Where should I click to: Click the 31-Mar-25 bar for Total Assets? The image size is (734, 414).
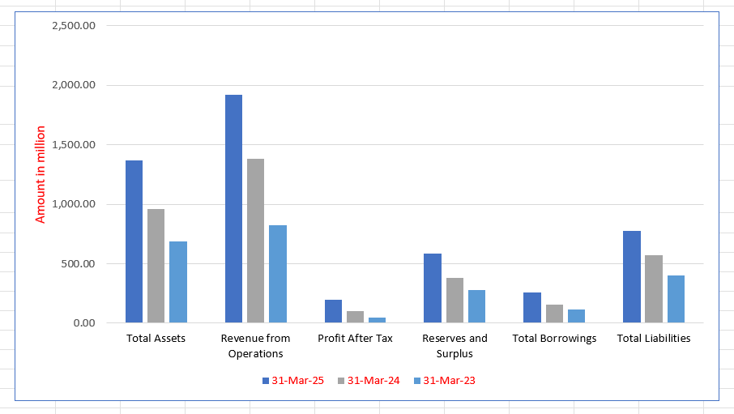tap(134, 241)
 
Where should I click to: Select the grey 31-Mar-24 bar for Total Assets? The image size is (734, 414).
tap(156, 266)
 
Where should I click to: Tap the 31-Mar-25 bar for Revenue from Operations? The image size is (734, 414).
tap(233, 209)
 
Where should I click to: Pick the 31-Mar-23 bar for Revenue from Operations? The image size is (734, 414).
tap(277, 274)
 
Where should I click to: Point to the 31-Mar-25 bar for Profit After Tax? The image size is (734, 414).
tap(333, 311)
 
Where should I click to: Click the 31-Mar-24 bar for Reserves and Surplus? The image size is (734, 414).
tap(454, 300)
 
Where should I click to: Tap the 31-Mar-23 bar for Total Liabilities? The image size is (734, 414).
tap(676, 299)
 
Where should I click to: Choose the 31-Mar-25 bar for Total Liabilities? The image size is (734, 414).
tap(632, 277)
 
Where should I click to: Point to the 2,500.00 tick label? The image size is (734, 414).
tap(74, 25)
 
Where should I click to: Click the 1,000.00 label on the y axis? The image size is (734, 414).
tap(74, 204)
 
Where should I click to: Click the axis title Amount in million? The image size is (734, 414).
tap(41, 174)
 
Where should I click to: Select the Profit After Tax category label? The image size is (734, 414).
tap(355, 338)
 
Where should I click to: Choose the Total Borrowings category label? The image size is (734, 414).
tap(554, 338)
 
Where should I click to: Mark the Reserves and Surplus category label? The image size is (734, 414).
tap(454, 345)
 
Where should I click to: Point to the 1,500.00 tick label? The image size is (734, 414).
tap(74, 144)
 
